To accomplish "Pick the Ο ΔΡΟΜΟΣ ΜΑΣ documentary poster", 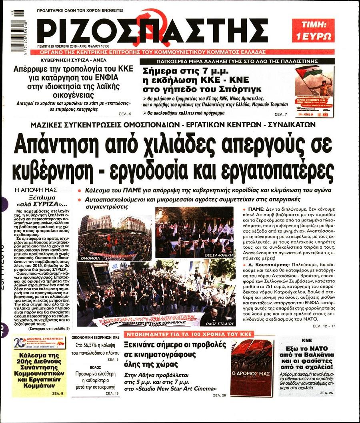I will click(x=252, y=363).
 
